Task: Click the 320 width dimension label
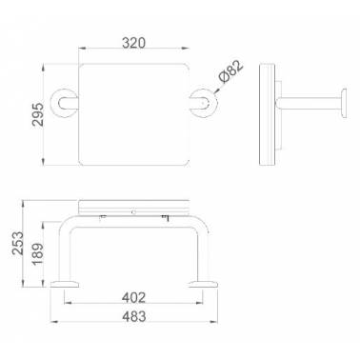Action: coord(133,43)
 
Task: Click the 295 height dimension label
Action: coord(38,114)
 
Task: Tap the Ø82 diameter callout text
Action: coord(231,71)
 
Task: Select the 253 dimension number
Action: coord(18,243)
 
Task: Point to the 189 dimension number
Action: coord(37,254)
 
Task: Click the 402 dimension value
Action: coord(133,297)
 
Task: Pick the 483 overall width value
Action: coord(134,316)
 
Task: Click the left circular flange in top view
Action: coord(64,103)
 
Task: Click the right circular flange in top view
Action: coord(204,103)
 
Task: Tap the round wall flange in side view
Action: coord(343,104)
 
